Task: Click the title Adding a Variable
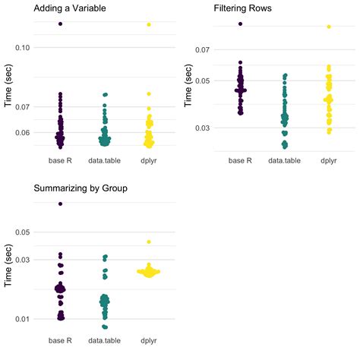(69, 9)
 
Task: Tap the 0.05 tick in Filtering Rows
(201, 81)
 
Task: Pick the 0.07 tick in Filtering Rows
(201, 49)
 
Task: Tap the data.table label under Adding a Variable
(105, 160)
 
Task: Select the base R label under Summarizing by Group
(60, 340)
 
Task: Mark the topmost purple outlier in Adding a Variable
(60, 24)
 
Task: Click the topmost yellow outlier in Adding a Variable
(149, 24)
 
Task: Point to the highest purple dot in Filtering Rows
(240, 24)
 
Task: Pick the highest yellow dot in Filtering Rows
(329, 27)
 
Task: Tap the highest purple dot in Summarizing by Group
(60, 204)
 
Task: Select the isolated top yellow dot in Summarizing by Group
(149, 242)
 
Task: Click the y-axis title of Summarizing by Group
(8, 270)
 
